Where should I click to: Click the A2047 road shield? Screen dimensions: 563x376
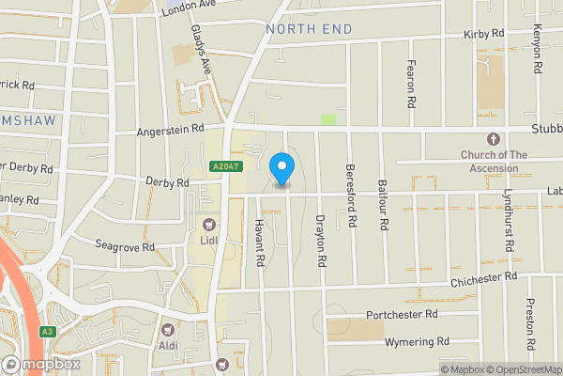(221, 165)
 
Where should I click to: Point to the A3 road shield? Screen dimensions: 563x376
(46, 332)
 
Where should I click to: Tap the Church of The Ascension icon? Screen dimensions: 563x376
(495, 138)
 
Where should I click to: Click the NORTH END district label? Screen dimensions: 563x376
(309, 29)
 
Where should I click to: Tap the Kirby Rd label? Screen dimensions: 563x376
(484, 34)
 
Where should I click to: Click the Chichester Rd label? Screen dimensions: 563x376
(483, 277)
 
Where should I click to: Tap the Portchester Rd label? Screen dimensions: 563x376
(403, 314)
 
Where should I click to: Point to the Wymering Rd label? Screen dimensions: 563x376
(409, 341)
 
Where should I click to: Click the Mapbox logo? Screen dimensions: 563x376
(42, 364)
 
